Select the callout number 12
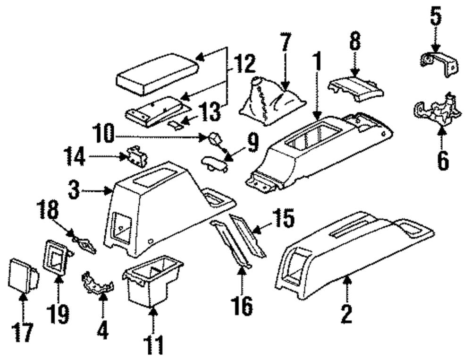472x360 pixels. click(244, 63)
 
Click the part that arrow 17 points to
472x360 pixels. click(23, 274)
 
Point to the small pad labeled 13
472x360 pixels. click(176, 124)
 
